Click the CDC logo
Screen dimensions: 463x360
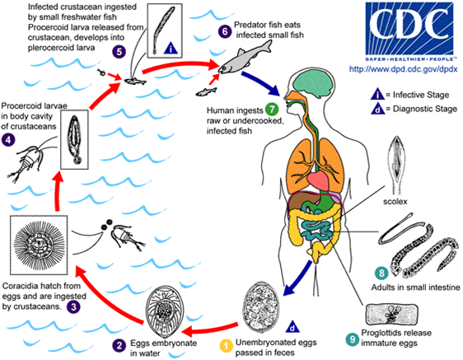click(409, 31)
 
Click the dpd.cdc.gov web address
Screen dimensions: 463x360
click(404, 69)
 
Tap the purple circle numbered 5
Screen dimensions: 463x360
click(119, 52)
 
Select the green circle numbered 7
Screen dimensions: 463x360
click(272, 110)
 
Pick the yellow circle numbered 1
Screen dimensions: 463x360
click(227, 346)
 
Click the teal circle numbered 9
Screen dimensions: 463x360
click(353, 339)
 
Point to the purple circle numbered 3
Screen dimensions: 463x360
click(73, 306)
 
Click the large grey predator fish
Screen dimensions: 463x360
click(245, 58)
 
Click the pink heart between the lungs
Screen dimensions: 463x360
click(318, 180)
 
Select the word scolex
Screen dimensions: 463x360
click(395, 202)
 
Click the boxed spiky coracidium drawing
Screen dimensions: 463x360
click(39, 245)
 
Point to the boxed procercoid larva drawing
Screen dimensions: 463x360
click(74, 140)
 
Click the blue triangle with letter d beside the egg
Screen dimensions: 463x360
click(292, 326)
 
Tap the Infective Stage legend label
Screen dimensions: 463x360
click(421, 95)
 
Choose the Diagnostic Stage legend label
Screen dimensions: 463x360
click(425, 109)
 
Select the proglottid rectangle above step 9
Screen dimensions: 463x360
click(392, 315)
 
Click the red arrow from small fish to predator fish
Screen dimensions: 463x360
click(181, 67)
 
